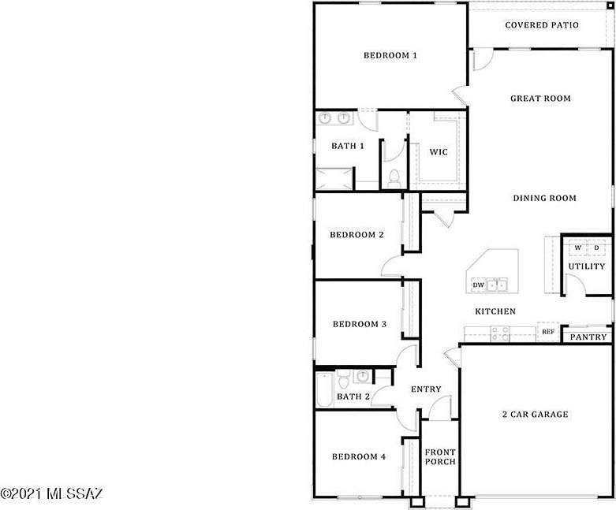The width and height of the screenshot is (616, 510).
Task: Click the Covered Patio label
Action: [x=542, y=25]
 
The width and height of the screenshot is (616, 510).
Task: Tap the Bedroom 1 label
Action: [x=390, y=55]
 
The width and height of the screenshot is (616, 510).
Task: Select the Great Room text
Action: [x=540, y=99]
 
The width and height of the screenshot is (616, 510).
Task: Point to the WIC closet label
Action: [x=438, y=152]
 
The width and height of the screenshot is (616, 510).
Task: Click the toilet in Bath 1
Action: [x=394, y=179]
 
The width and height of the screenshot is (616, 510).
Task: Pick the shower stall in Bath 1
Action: [x=334, y=179]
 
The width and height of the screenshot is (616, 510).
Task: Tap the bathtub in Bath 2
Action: [x=325, y=390]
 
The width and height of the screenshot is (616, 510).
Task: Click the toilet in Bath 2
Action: [x=343, y=378]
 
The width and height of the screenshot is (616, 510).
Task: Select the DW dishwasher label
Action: [x=479, y=285]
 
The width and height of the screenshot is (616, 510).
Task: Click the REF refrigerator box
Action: [x=548, y=332]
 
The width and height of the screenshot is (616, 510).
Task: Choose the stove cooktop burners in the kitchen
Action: [x=500, y=333]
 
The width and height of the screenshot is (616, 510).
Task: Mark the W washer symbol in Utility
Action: [x=578, y=248]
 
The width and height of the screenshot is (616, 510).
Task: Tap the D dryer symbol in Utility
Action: [x=596, y=248]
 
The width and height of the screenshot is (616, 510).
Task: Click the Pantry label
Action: [x=588, y=337]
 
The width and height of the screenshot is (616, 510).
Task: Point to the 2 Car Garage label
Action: [x=535, y=415]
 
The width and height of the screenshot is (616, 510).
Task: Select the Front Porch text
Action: [x=440, y=457]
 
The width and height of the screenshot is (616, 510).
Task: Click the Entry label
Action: [x=426, y=389]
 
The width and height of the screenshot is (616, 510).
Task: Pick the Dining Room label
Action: [x=544, y=199]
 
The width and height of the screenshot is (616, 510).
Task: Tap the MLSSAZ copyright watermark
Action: [x=52, y=493]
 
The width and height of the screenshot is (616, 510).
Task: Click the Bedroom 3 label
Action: [x=360, y=324]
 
